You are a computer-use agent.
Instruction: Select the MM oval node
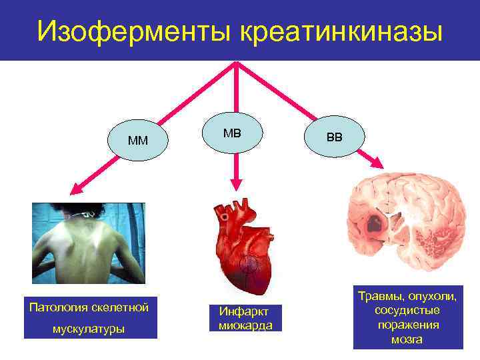click(138, 141)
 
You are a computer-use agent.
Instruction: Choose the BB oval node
click(334, 137)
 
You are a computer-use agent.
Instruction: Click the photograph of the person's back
click(89, 243)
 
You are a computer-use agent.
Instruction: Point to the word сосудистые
click(407, 310)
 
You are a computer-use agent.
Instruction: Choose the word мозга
click(407, 339)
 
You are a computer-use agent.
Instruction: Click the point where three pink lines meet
click(237, 63)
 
